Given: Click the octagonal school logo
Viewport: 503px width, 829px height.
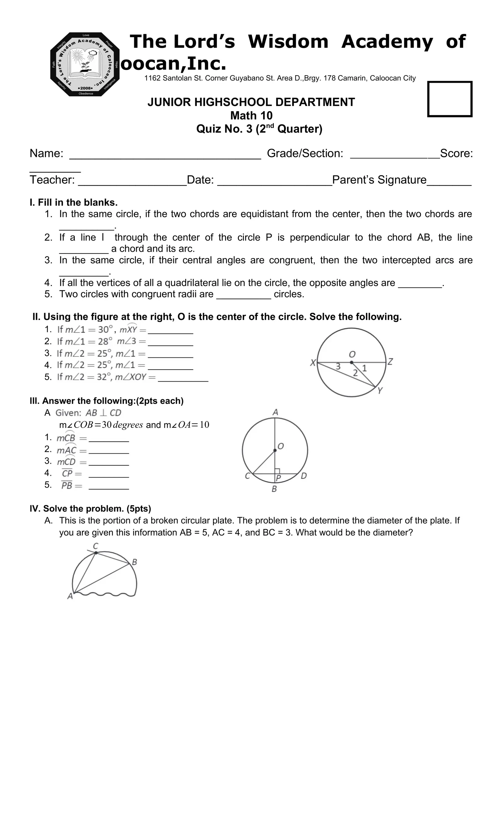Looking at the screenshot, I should pos(85,64).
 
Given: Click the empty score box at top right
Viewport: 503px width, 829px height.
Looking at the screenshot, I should pos(450,99).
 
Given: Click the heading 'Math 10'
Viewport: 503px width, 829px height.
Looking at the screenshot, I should pos(251,115).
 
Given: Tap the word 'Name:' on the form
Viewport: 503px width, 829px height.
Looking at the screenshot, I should pos(47,154).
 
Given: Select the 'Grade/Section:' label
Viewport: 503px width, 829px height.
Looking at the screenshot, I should pos(305,154).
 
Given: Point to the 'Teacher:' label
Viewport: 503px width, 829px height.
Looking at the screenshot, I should pos(52,180).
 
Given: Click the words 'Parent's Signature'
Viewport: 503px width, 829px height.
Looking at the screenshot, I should pos(379,180).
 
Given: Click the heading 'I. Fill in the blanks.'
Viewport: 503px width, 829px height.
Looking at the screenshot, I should pos(74,202).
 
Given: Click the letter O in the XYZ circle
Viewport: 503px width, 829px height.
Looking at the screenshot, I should pos(352,354).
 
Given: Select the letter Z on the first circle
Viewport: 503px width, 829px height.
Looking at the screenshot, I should pos(390,362).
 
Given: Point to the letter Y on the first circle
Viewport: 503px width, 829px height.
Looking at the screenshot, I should pos(380,391).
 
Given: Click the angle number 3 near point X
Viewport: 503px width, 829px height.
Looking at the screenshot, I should pos(338,367).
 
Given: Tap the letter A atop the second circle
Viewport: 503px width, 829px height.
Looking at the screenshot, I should pos(275,412).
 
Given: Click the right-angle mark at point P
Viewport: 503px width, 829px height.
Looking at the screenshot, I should pos(277,471).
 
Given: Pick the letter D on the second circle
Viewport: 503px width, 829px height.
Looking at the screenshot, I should pos(303,476).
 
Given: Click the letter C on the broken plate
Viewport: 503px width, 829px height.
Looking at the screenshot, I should pos(96,546).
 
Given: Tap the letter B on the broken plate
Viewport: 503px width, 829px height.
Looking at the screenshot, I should pos(134,562).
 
